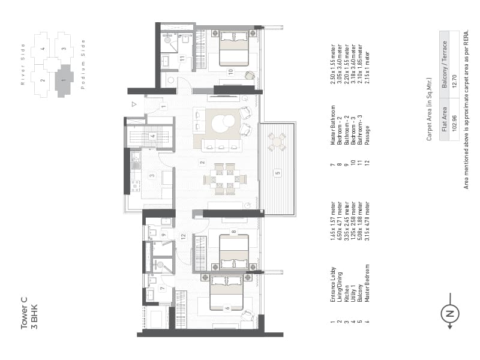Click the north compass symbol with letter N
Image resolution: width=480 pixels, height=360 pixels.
[x=450, y=313]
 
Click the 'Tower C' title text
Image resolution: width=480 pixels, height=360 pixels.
[x=25, y=317]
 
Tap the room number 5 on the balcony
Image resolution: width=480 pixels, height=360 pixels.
[x=277, y=173]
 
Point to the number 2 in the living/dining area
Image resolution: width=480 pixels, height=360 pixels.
[x=202, y=163]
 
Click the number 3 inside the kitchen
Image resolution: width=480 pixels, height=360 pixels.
[x=152, y=176]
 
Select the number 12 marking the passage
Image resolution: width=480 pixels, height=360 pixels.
[x=184, y=236]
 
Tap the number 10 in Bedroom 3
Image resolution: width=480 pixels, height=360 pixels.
[x=230, y=72]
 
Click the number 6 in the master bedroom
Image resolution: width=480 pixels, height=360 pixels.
[x=227, y=308]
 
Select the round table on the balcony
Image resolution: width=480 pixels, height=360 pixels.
[x=277, y=142]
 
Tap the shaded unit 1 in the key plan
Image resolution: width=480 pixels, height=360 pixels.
[x=63, y=80]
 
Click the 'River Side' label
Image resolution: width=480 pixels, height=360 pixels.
[x=23, y=64]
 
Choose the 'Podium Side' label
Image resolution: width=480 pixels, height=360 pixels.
[x=83, y=64]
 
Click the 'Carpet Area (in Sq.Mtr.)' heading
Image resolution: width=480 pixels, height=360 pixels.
[x=429, y=109]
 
